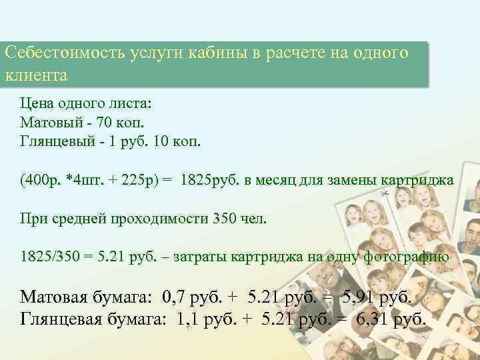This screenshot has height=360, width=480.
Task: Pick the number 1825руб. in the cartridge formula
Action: (208, 181)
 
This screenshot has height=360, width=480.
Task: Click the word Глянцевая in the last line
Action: (65, 319)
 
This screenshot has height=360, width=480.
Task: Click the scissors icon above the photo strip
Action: (385, 193)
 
